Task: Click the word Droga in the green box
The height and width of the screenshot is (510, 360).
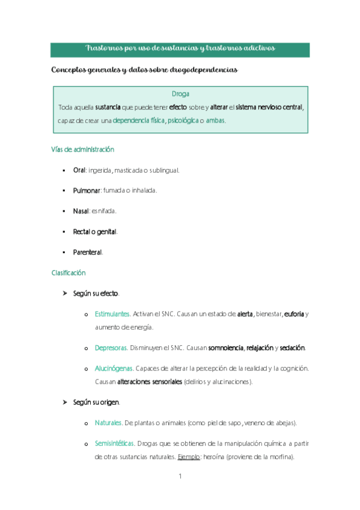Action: pyautogui.click(x=180, y=94)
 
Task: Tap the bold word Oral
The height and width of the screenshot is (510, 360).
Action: pyautogui.click(x=79, y=170)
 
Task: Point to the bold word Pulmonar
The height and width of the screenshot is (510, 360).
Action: pyautogui.click(x=87, y=191)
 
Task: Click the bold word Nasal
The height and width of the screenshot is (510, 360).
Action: pyautogui.click(x=81, y=211)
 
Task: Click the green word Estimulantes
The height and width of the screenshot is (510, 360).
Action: pyautogui.click(x=112, y=314)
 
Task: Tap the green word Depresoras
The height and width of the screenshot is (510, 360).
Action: pyautogui.click(x=111, y=348)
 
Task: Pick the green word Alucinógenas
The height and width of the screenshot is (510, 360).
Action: pyautogui.click(x=114, y=368)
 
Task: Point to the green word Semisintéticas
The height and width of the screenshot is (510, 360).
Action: pyautogui.click(x=115, y=444)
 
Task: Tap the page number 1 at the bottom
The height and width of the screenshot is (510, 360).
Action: pyautogui.click(x=180, y=478)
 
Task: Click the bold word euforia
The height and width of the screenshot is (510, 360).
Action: pyautogui.click(x=294, y=314)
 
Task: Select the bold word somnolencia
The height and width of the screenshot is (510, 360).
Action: pyautogui.click(x=226, y=348)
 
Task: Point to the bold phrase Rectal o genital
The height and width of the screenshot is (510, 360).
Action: pyautogui.click(x=95, y=232)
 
